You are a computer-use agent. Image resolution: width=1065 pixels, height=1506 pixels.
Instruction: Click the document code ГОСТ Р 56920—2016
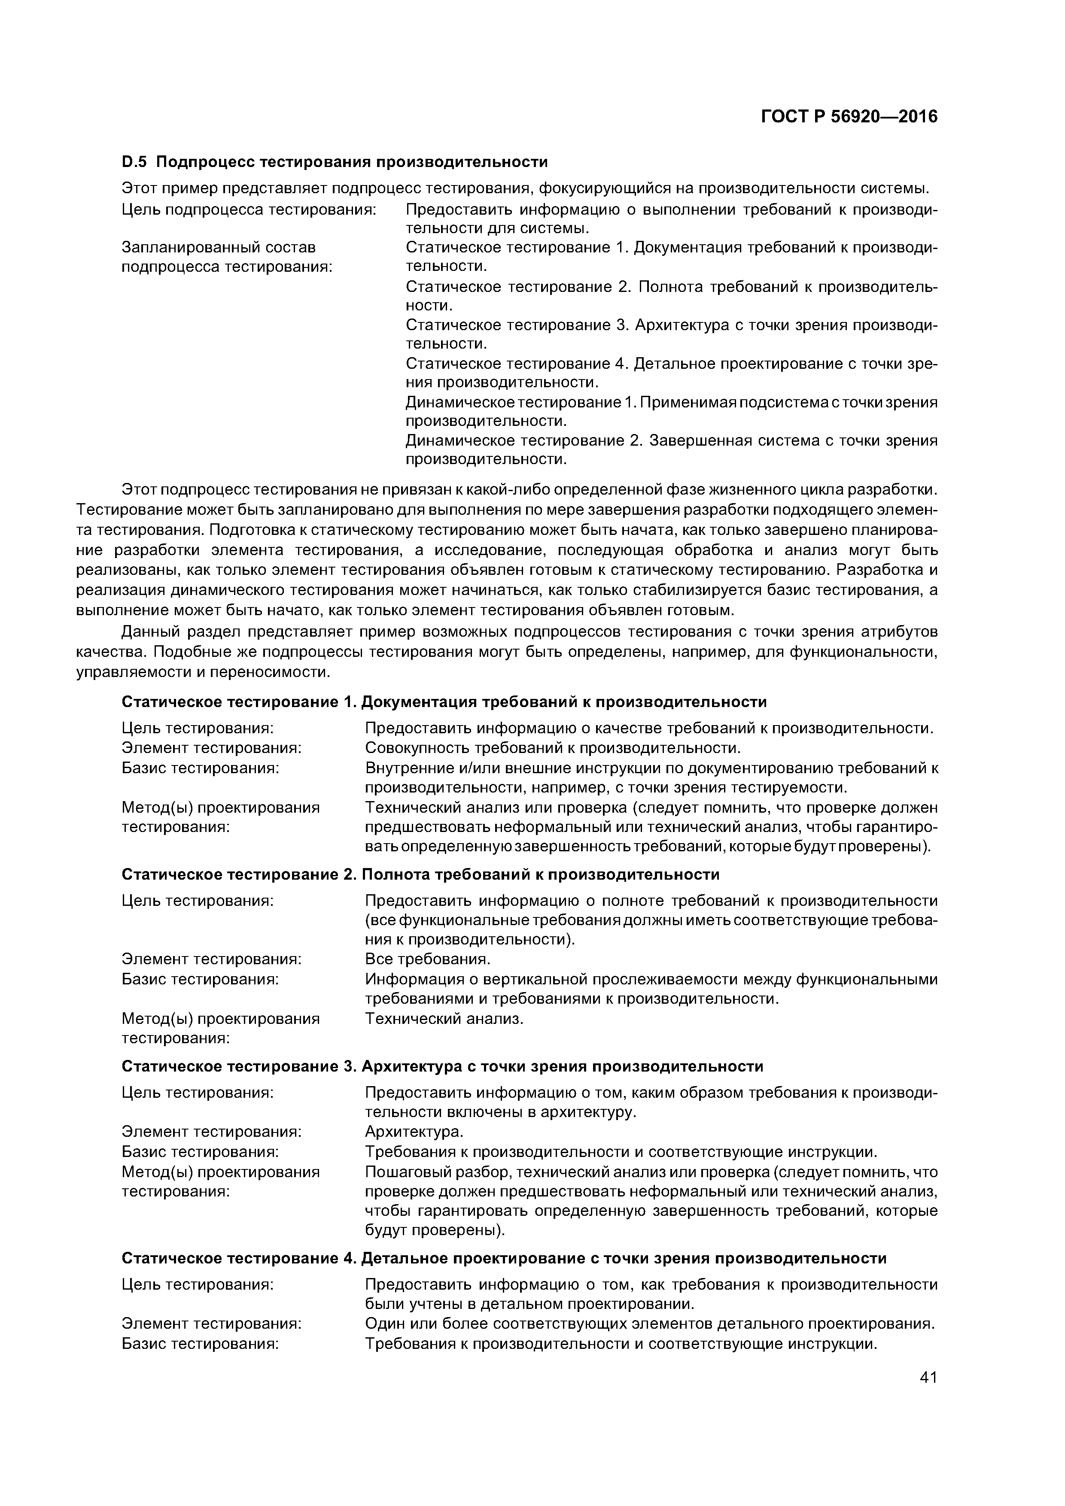[x=849, y=117]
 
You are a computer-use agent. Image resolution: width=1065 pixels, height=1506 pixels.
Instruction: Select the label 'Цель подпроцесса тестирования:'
[x=249, y=209]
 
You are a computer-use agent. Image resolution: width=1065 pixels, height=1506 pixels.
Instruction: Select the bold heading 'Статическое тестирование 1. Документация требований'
[x=444, y=702]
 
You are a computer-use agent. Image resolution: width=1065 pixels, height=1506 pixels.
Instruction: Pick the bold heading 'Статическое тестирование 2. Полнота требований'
[x=420, y=874]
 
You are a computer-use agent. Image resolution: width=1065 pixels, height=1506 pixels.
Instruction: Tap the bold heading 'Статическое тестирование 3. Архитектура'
[x=442, y=1066]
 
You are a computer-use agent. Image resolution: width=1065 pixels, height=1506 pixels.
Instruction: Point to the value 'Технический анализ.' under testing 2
[x=444, y=1019]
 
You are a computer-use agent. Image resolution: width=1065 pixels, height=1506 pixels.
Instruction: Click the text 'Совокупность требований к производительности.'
[x=553, y=748]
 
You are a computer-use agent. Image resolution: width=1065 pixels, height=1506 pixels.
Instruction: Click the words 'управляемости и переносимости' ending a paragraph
[x=204, y=672]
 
